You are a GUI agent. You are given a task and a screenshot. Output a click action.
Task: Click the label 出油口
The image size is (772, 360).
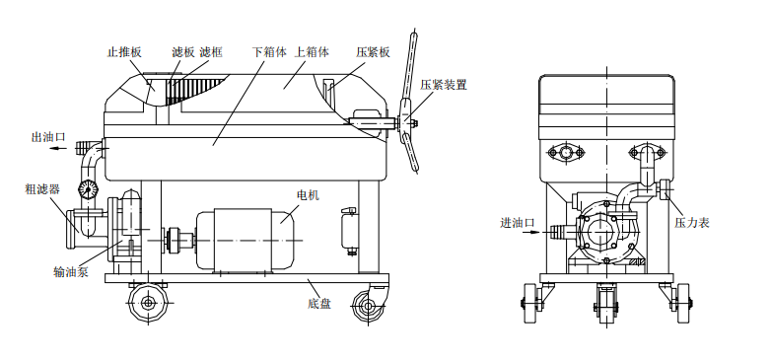pos(48,137)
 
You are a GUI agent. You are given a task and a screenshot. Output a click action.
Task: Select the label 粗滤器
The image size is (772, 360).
pos(42,187)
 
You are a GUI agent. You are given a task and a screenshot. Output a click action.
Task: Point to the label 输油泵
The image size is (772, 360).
pos(71,271)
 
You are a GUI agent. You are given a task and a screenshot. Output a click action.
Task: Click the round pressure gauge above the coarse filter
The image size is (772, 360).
pos(89,187)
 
